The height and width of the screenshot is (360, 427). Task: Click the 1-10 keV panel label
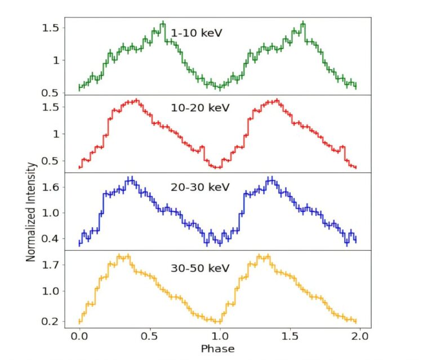(197, 33)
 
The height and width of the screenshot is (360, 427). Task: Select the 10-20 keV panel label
(200, 107)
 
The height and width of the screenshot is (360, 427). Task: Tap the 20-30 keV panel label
(200, 186)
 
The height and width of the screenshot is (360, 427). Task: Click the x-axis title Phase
(217, 349)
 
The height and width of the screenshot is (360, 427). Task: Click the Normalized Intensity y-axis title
(32, 212)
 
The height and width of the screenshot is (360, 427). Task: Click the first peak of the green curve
(163, 24)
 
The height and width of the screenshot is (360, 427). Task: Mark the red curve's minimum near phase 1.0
(216, 167)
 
